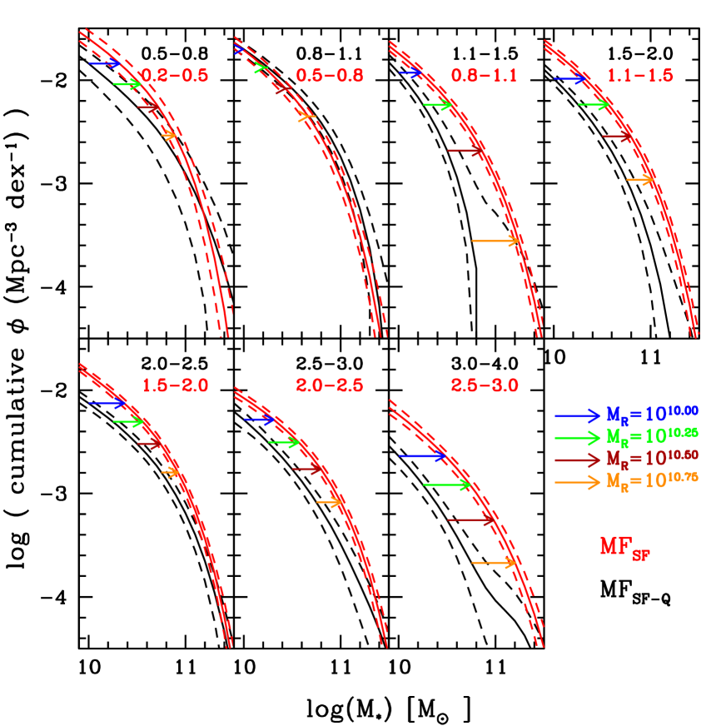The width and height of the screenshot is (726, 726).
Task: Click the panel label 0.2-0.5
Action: point(174,76)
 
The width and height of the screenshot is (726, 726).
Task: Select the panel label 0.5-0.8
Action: point(330,76)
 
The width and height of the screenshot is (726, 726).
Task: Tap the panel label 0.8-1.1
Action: point(485,76)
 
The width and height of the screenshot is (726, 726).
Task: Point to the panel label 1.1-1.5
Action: point(639,76)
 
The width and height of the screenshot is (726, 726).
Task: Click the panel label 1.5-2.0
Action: point(174,385)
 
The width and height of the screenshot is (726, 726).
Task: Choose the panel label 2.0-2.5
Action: point(330,385)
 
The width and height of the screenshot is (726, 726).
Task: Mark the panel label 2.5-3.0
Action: point(485,385)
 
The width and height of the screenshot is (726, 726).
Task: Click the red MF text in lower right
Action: point(624,547)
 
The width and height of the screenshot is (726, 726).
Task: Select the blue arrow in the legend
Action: point(577,415)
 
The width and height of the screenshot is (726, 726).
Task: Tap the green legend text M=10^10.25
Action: point(651,436)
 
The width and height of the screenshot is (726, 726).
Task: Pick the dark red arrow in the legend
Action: point(577,460)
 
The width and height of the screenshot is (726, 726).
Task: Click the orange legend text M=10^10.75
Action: point(651,481)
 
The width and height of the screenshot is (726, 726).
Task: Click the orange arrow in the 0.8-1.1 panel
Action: point(495,241)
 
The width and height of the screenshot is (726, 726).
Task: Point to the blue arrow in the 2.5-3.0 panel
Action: point(423,455)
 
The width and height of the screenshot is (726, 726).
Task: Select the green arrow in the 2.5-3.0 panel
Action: point(447,485)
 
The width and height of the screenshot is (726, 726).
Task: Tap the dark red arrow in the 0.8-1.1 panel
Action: point(466,151)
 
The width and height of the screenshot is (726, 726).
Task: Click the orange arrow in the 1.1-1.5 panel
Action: point(640,180)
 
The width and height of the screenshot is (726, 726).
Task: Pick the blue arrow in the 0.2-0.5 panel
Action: point(104,63)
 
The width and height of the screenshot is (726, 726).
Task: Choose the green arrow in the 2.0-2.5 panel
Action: point(284,442)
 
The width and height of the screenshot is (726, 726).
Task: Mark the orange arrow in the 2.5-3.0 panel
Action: point(495,564)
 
